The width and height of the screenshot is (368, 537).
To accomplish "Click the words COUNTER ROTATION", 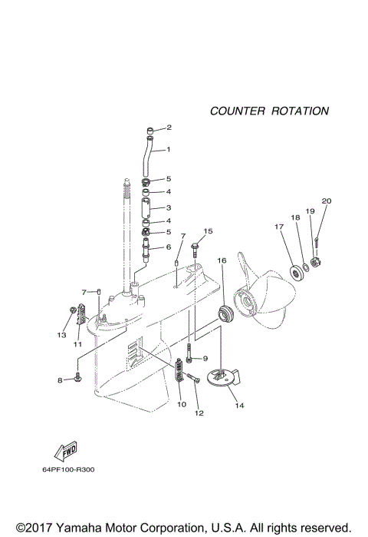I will coord(269,111).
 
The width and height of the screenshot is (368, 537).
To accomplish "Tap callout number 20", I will coord(326,201).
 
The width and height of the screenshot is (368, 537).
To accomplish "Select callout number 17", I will coord(279,226).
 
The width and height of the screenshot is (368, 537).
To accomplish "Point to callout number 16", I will coord(222,260).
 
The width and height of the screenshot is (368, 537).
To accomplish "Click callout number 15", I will coord(208,230).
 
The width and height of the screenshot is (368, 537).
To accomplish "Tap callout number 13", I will coord(61,335).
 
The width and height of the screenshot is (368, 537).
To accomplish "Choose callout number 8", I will coord(60,380).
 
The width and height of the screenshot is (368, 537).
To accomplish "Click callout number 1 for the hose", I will coord(168,150).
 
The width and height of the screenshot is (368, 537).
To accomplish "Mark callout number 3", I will coord(168,207).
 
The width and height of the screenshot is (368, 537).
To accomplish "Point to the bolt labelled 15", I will coord(195,246).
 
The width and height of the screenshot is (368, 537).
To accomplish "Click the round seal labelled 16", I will coord(225,313).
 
